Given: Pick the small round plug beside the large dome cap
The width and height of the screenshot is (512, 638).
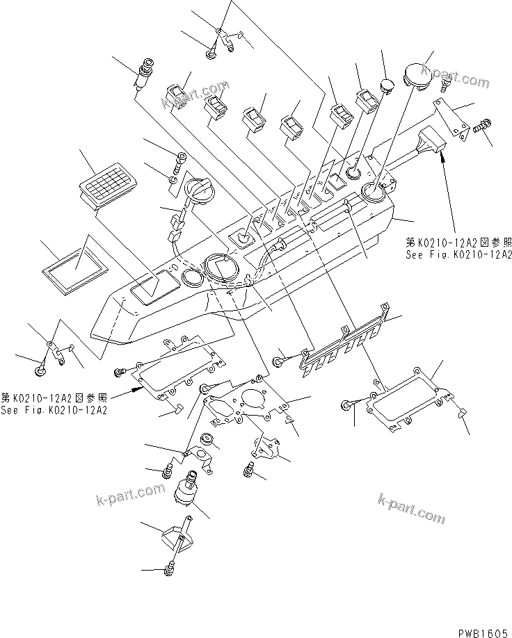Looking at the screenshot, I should tap(387, 87).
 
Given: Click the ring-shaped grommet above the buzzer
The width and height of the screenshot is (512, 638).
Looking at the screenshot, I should tap(207, 440).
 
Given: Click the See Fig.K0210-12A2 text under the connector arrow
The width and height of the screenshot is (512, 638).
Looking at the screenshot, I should tap(459, 254).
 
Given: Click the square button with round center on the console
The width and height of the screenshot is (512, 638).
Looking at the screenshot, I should tap(243, 239).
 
